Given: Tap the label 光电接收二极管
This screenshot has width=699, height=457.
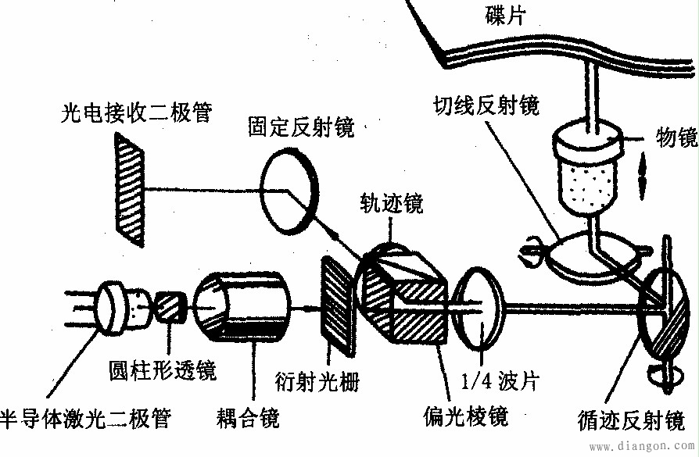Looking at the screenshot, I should [136, 112].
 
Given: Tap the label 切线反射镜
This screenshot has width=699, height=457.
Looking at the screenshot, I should [488, 104].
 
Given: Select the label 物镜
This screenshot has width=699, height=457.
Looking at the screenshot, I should [676, 138].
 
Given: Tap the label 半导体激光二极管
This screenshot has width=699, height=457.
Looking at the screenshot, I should [86, 418].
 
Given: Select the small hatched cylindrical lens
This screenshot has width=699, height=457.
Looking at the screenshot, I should [170, 306].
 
